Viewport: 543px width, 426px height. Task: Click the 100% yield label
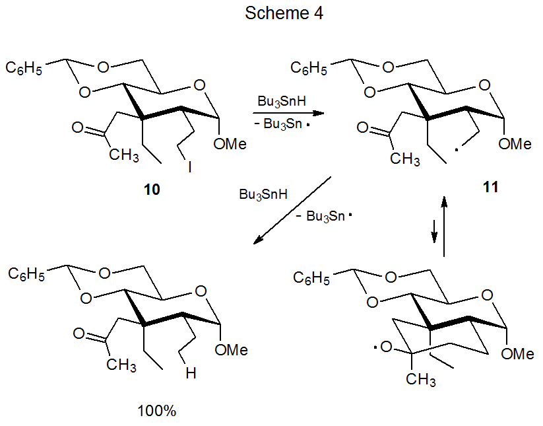(x=157, y=411)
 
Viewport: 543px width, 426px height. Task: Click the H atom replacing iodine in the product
(x=190, y=374)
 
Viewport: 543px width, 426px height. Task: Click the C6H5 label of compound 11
(x=310, y=67)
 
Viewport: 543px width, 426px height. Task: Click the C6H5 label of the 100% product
(x=26, y=273)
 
